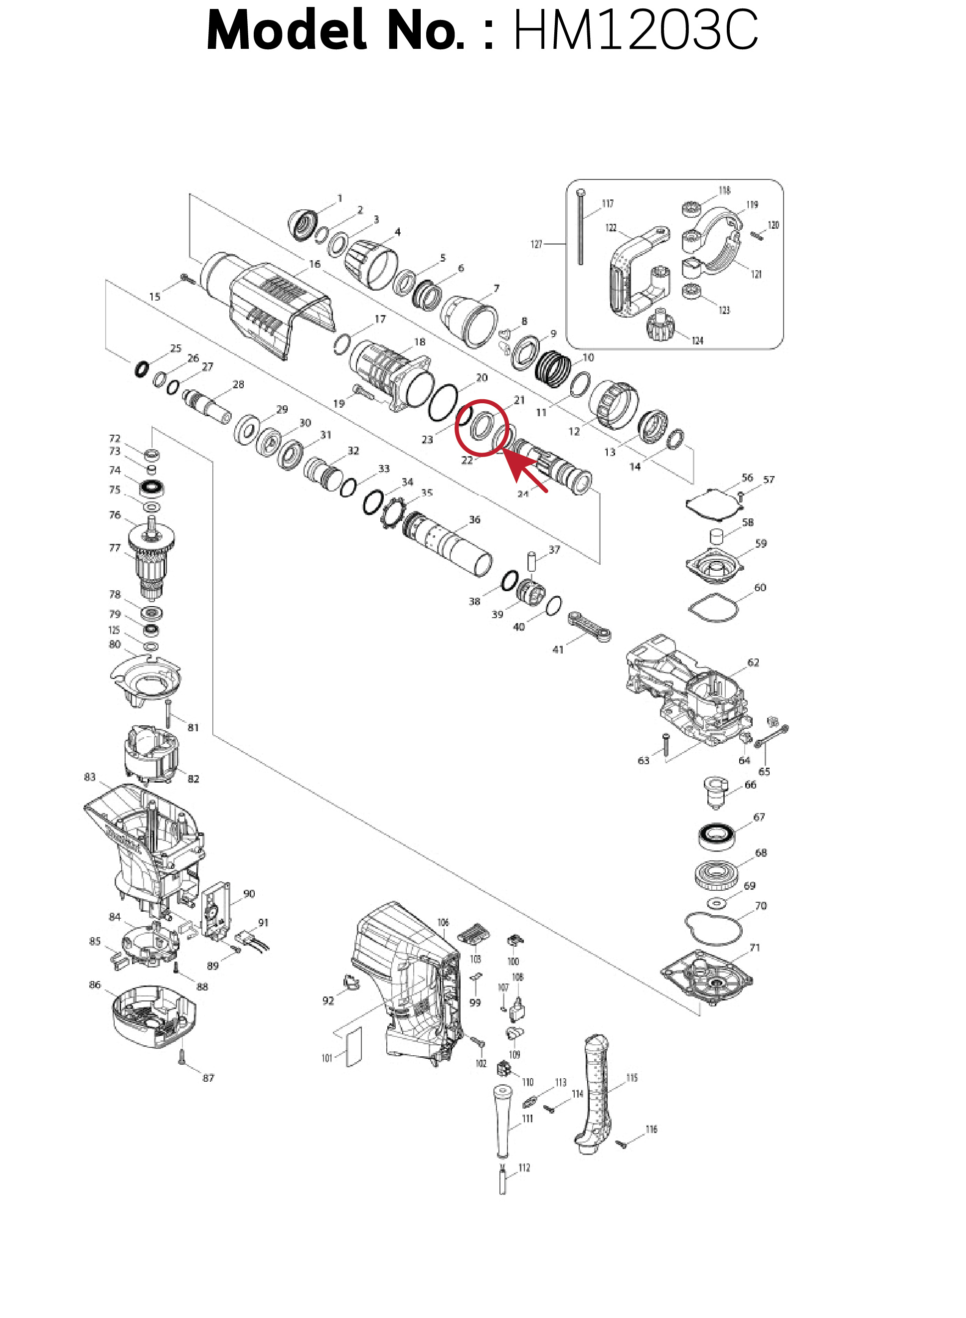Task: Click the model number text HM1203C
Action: point(635,30)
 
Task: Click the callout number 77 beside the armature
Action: point(115,548)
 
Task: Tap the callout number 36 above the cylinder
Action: point(474,519)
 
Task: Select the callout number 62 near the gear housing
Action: point(753,662)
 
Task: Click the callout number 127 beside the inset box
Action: point(537,244)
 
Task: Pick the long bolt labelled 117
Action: point(581,228)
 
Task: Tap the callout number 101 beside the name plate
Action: point(327,1058)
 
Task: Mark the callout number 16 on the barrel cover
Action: point(315,264)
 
